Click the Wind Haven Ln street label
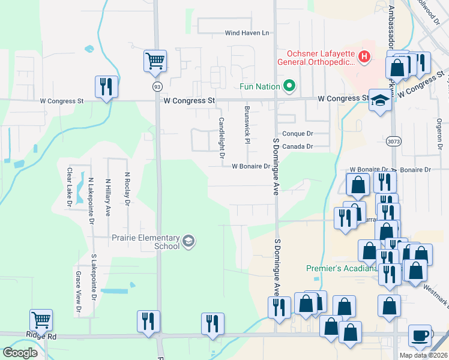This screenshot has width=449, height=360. coord(247,33)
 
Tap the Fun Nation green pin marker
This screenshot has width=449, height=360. coord(289,86)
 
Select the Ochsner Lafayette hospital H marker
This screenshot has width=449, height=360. coord(363,57)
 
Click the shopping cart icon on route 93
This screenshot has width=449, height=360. coord(155,60)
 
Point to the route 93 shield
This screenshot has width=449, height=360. coord(157,86)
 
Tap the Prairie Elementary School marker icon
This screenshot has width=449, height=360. coord(188,241)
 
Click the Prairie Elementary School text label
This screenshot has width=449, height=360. coord(145,242)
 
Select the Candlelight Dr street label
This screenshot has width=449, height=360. coord(221,137)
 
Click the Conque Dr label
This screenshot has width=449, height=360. coord(298,134)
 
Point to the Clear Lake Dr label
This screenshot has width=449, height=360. coord(70,187)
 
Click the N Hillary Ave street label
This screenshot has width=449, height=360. coord(108,197)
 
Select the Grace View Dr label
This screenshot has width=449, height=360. coord(78,292)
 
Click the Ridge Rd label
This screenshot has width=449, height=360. coord(41,337)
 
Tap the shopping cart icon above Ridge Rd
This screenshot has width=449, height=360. coord(41,320)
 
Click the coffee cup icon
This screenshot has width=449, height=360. coord(420,335)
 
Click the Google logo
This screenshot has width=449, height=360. coord(20,352)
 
